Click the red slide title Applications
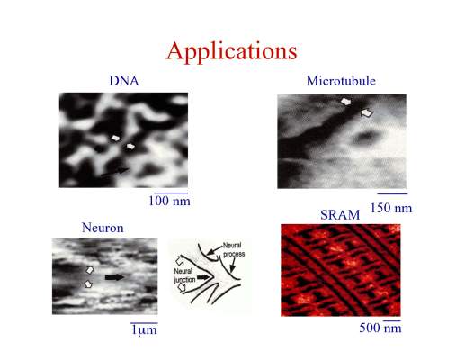tap(232, 52)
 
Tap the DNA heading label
tap(124, 81)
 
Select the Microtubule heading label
tap(341, 81)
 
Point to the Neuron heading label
tap(103, 228)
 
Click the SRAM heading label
tap(340, 215)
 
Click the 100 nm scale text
tap(169, 201)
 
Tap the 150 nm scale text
tap(391, 208)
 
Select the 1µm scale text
tap(144, 330)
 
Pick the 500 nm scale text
tap(380, 328)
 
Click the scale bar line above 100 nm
tap(171, 193)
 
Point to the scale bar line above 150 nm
tap(392, 193)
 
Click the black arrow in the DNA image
tap(115, 172)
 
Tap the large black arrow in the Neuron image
tap(114, 277)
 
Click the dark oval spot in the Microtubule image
tap(366, 138)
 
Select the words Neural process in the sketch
tap(234, 249)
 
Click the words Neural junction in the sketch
tap(184, 275)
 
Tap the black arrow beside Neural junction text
tap(203, 277)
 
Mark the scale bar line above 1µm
tap(144, 323)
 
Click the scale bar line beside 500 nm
tap(392, 320)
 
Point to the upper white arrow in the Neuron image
tap(90, 270)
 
